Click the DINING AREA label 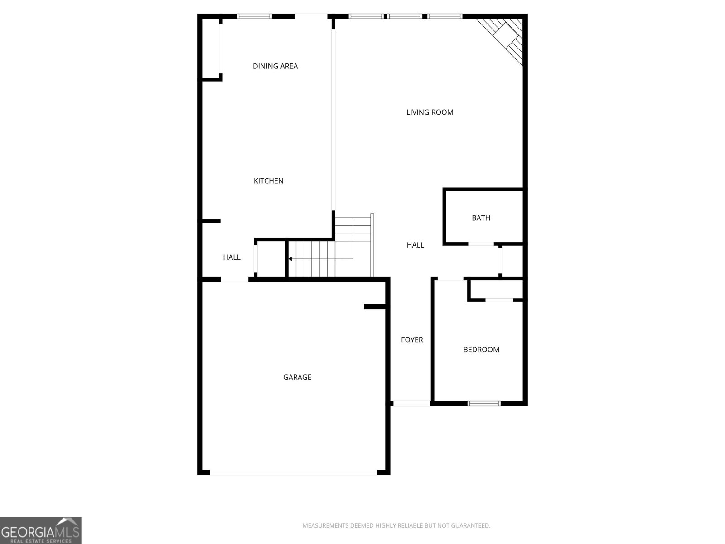(275, 66)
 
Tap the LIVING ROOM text (430, 112)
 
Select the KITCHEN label (268, 181)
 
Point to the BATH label (481, 218)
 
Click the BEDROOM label (481, 350)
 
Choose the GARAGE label (297, 377)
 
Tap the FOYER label (412, 340)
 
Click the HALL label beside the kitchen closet (232, 257)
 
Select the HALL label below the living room (415, 245)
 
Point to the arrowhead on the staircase (290, 259)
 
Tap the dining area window (254, 16)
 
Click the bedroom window (484, 403)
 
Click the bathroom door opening (481, 244)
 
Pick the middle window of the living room (405, 16)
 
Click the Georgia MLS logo (41, 530)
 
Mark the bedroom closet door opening (499, 300)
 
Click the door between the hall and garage (235, 279)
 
